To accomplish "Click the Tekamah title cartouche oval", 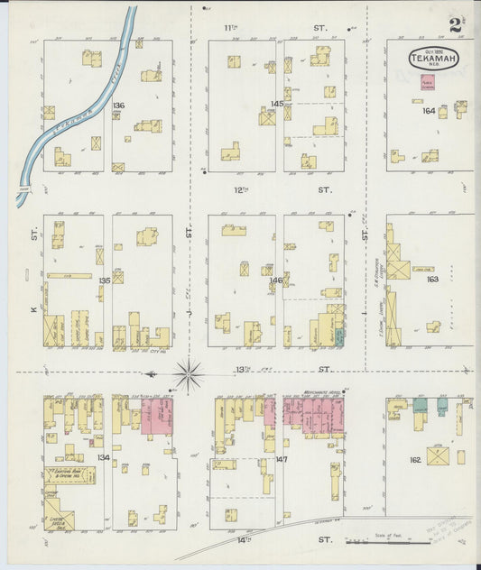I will [435, 59].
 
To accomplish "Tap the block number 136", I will [118, 106].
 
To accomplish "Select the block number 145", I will [277, 104].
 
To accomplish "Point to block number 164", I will [429, 111].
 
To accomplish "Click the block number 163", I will [432, 280].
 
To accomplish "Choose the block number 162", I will [415, 460].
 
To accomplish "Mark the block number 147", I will [282, 460].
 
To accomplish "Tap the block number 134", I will [104, 458].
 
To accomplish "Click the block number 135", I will [105, 280].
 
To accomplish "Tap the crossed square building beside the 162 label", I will [439, 452].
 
